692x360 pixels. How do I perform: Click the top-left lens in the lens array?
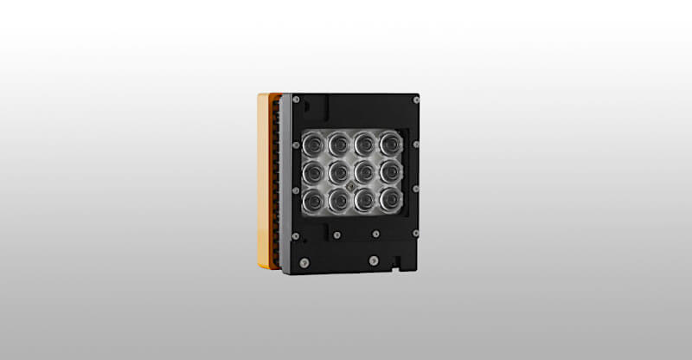pyautogui.click(x=313, y=141)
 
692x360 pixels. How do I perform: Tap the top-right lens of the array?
pyautogui.click(x=389, y=141)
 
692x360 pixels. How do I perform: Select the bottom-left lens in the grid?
pyautogui.click(x=313, y=202)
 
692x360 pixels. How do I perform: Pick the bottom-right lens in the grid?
pyautogui.click(x=389, y=202)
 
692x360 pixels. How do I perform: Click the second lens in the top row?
pyautogui.click(x=339, y=141)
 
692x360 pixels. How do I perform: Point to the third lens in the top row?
pyautogui.click(x=364, y=141)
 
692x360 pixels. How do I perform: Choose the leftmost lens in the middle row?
pyautogui.click(x=313, y=172)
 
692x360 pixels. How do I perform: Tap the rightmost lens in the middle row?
pyautogui.click(x=389, y=171)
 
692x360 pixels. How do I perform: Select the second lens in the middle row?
pyautogui.click(x=339, y=172)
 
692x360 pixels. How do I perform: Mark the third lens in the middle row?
pyautogui.click(x=364, y=171)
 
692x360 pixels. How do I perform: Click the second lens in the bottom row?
pyautogui.click(x=339, y=202)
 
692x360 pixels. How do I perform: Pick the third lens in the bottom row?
pyautogui.click(x=364, y=202)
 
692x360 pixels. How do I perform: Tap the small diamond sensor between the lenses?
pyautogui.click(x=351, y=187)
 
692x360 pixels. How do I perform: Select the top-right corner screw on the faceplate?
pyautogui.click(x=416, y=101)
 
